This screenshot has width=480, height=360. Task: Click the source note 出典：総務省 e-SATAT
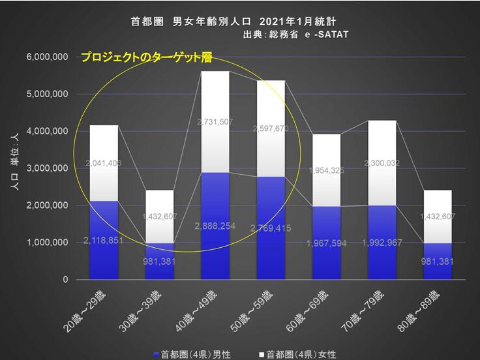coord(295,35)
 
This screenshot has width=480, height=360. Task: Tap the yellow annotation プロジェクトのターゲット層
coord(146,57)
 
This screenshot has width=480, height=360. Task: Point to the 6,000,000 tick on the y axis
coord(47,57)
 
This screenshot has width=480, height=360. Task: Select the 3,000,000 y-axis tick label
coord(47,168)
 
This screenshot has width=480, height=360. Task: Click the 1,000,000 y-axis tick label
coord(47,243)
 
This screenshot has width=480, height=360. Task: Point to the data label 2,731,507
coord(215,122)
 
